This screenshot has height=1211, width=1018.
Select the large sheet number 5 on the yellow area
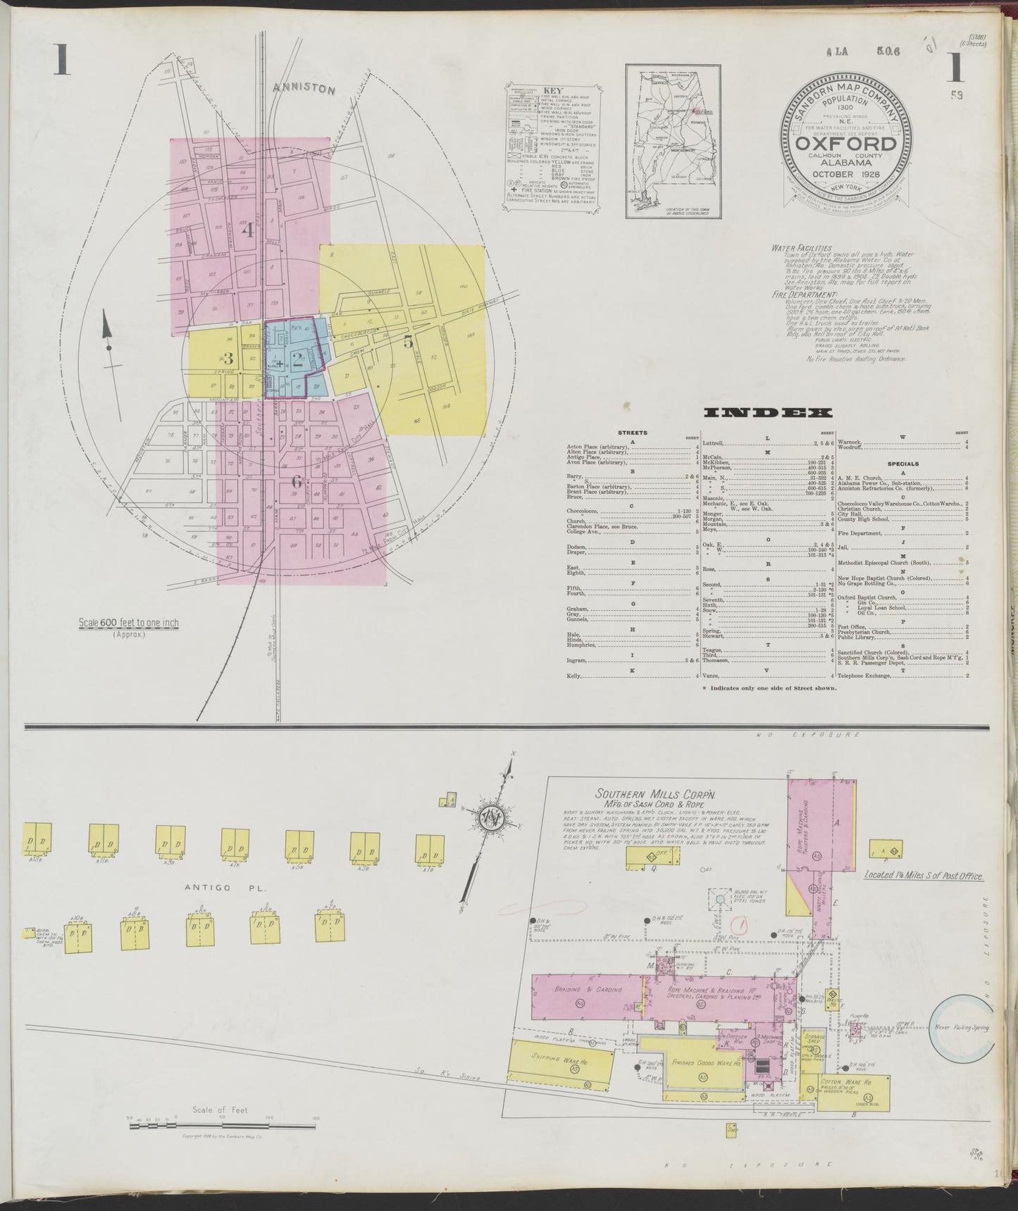coord(408,342)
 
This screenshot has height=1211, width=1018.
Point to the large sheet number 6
coord(296,482)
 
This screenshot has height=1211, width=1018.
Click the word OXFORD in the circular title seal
coord(846,144)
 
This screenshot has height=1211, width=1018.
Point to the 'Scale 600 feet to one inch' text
coord(129,623)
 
